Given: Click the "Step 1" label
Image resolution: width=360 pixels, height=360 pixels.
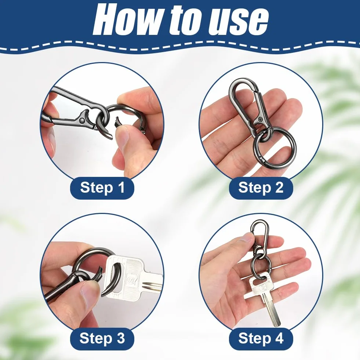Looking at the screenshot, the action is [102, 188].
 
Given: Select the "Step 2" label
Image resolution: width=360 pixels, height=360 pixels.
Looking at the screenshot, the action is [261, 188].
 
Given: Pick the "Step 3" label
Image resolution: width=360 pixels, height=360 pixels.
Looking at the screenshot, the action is [102, 338].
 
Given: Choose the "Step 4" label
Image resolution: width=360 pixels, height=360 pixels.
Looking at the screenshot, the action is [261, 338].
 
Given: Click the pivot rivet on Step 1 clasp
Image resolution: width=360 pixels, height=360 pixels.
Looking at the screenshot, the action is [81, 120].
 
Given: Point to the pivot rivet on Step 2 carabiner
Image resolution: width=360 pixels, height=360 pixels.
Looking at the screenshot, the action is [260, 119].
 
